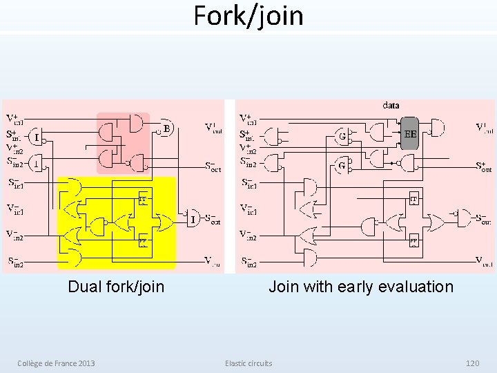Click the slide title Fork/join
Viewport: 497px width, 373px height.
248,15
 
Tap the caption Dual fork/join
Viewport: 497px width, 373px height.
116,286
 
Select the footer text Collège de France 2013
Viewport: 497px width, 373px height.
57,363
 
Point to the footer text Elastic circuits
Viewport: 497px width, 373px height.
248,363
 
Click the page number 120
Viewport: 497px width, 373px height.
472,363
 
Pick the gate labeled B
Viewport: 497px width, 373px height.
165,128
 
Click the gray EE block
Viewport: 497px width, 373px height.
410,133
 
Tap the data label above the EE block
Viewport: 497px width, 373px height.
391,106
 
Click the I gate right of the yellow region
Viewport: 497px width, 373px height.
193,219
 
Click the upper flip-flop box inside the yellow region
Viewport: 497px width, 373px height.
143,198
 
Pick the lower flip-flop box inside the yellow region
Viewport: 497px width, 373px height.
143,241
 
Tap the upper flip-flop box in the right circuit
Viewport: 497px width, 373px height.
413,198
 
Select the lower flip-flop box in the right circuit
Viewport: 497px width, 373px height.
413,241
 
